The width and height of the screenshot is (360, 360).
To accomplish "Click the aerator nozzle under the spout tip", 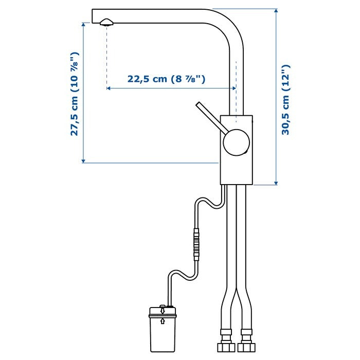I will point(107,22).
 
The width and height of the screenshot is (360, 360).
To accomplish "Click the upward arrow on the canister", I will point(163,321).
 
